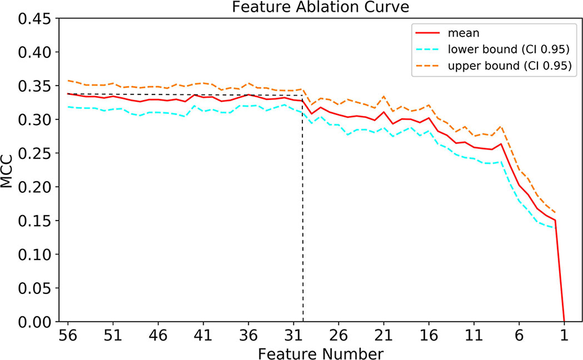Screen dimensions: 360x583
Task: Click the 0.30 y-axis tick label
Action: (x=30, y=119)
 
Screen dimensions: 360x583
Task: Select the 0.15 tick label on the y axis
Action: (x=30, y=220)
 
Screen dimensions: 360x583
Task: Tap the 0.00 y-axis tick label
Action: (x=30, y=321)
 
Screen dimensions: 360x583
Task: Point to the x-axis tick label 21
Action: (x=383, y=337)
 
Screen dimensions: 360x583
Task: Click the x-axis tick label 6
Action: (x=519, y=337)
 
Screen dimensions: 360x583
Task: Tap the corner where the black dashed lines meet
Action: (x=302, y=95)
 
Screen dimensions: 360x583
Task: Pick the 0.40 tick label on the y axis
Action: (x=30, y=52)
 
